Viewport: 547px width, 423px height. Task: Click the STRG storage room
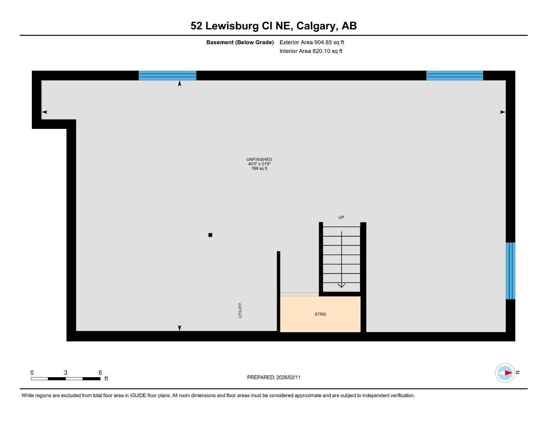click(x=320, y=314)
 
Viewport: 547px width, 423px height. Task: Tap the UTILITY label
click(x=240, y=311)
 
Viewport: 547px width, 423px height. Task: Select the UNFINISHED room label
click(x=259, y=159)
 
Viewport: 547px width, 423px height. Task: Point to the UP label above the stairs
click(x=341, y=218)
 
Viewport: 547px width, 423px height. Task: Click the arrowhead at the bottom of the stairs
click(x=341, y=285)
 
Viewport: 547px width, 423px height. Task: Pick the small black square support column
click(x=210, y=235)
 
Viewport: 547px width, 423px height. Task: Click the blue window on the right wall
click(x=510, y=271)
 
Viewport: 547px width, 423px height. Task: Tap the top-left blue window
click(x=167, y=76)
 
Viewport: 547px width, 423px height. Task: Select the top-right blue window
click(x=455, y=76)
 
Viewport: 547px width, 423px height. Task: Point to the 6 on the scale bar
click(x=100, y=373)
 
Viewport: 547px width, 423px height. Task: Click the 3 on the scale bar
click(x=65, y=373)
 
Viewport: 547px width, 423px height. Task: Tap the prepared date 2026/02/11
click(x=289, y=377)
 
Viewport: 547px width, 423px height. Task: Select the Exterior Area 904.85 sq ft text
click(x=312, y=42)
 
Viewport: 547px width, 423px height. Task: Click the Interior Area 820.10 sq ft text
click(x=311, y=51)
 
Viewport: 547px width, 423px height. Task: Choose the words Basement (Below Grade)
click(x=240, y=42)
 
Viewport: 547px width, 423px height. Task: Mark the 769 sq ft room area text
click(x=259, y=169)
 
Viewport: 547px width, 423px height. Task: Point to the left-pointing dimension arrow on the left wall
click(x=45, y=112)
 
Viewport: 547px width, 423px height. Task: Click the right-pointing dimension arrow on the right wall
click(x=502, y=112)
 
